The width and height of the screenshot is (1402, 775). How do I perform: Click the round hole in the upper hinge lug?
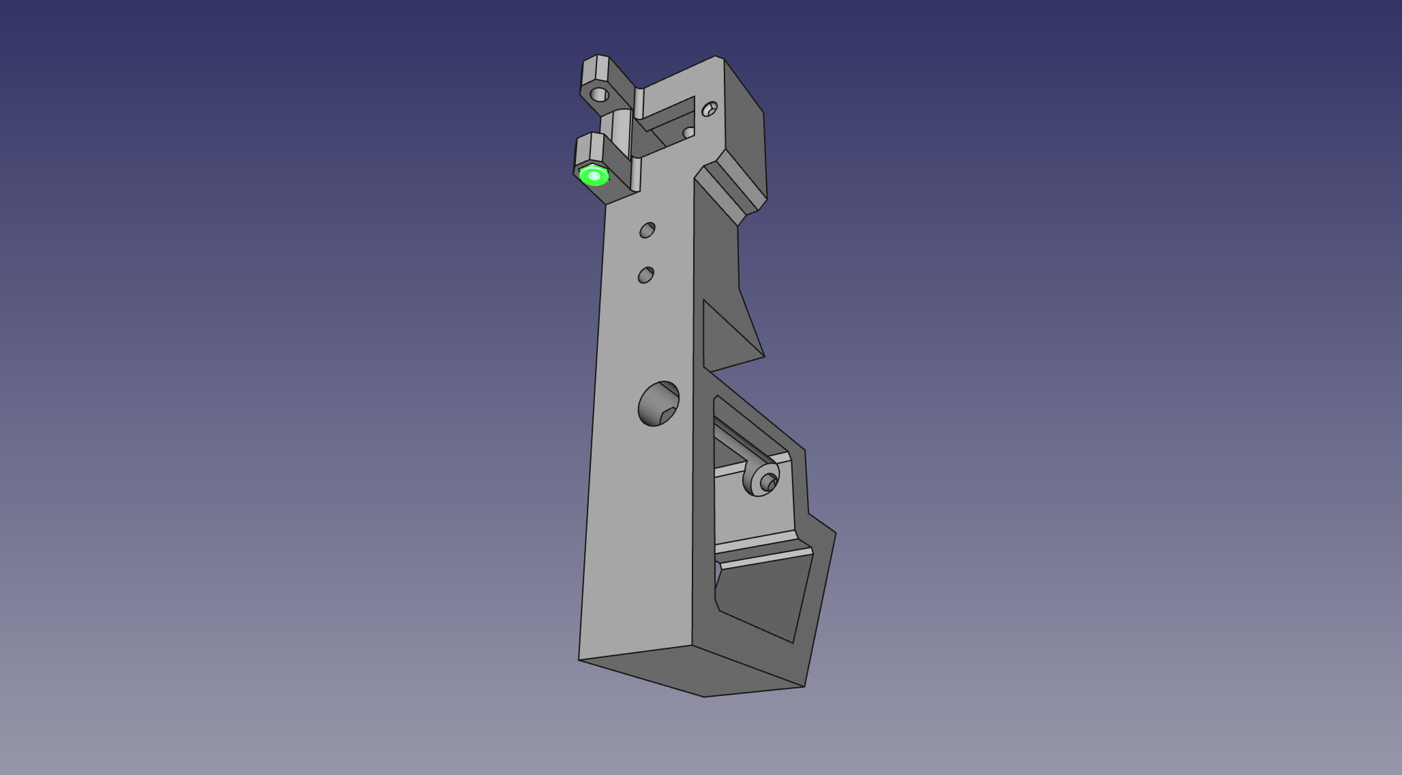[x=599, y=94]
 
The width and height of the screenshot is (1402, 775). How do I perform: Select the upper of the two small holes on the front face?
[x=647, y=230]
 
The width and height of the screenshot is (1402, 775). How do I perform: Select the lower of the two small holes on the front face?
[x=645, y=275]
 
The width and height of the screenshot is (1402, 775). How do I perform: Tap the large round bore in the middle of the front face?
[x=658, y=404]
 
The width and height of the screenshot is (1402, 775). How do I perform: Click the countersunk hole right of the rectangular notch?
[x=710, y=108]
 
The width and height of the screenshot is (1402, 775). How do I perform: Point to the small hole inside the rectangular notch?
[x=688, y=132]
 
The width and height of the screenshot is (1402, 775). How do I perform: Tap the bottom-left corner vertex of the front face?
[x=579, y=659]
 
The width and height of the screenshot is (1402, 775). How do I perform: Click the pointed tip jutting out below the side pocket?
[x=834, y=534]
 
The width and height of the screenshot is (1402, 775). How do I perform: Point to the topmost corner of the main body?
[x=715, y=57]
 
